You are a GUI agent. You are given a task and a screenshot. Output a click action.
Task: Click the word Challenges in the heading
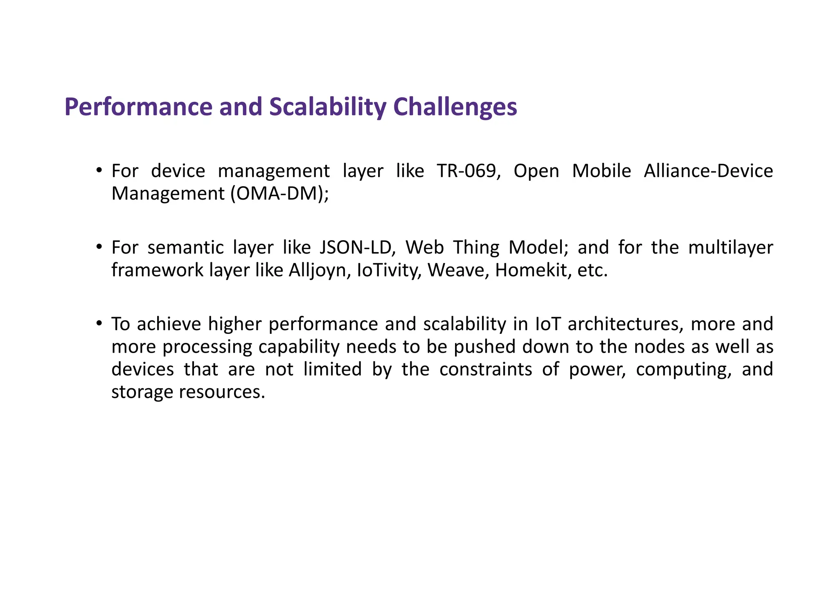pos(455,107)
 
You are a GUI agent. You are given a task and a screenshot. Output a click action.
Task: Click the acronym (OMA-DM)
pos(279,194)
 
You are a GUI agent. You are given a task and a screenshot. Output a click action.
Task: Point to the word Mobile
pos(601,171)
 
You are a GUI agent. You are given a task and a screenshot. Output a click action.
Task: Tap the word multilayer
pos(730,248)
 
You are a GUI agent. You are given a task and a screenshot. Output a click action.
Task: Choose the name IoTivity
pos(389,270)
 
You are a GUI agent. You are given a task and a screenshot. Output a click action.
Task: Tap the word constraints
pos(486,369)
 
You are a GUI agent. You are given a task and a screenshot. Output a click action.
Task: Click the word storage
pos(142,392)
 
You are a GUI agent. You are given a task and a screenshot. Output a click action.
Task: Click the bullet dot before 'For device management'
pos(99,170)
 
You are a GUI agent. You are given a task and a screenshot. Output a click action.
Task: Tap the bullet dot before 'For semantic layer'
pos(99,246)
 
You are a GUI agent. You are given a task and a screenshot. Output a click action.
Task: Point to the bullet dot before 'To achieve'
pos(99,323)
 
